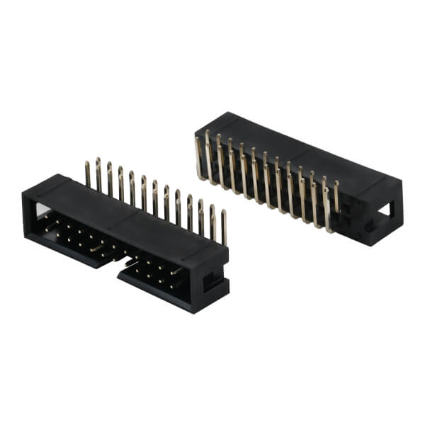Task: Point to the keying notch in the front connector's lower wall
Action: (x=120, y=263)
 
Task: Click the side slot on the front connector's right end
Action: (x=212, y=283)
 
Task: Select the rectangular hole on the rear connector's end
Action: (x=385, y=210)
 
